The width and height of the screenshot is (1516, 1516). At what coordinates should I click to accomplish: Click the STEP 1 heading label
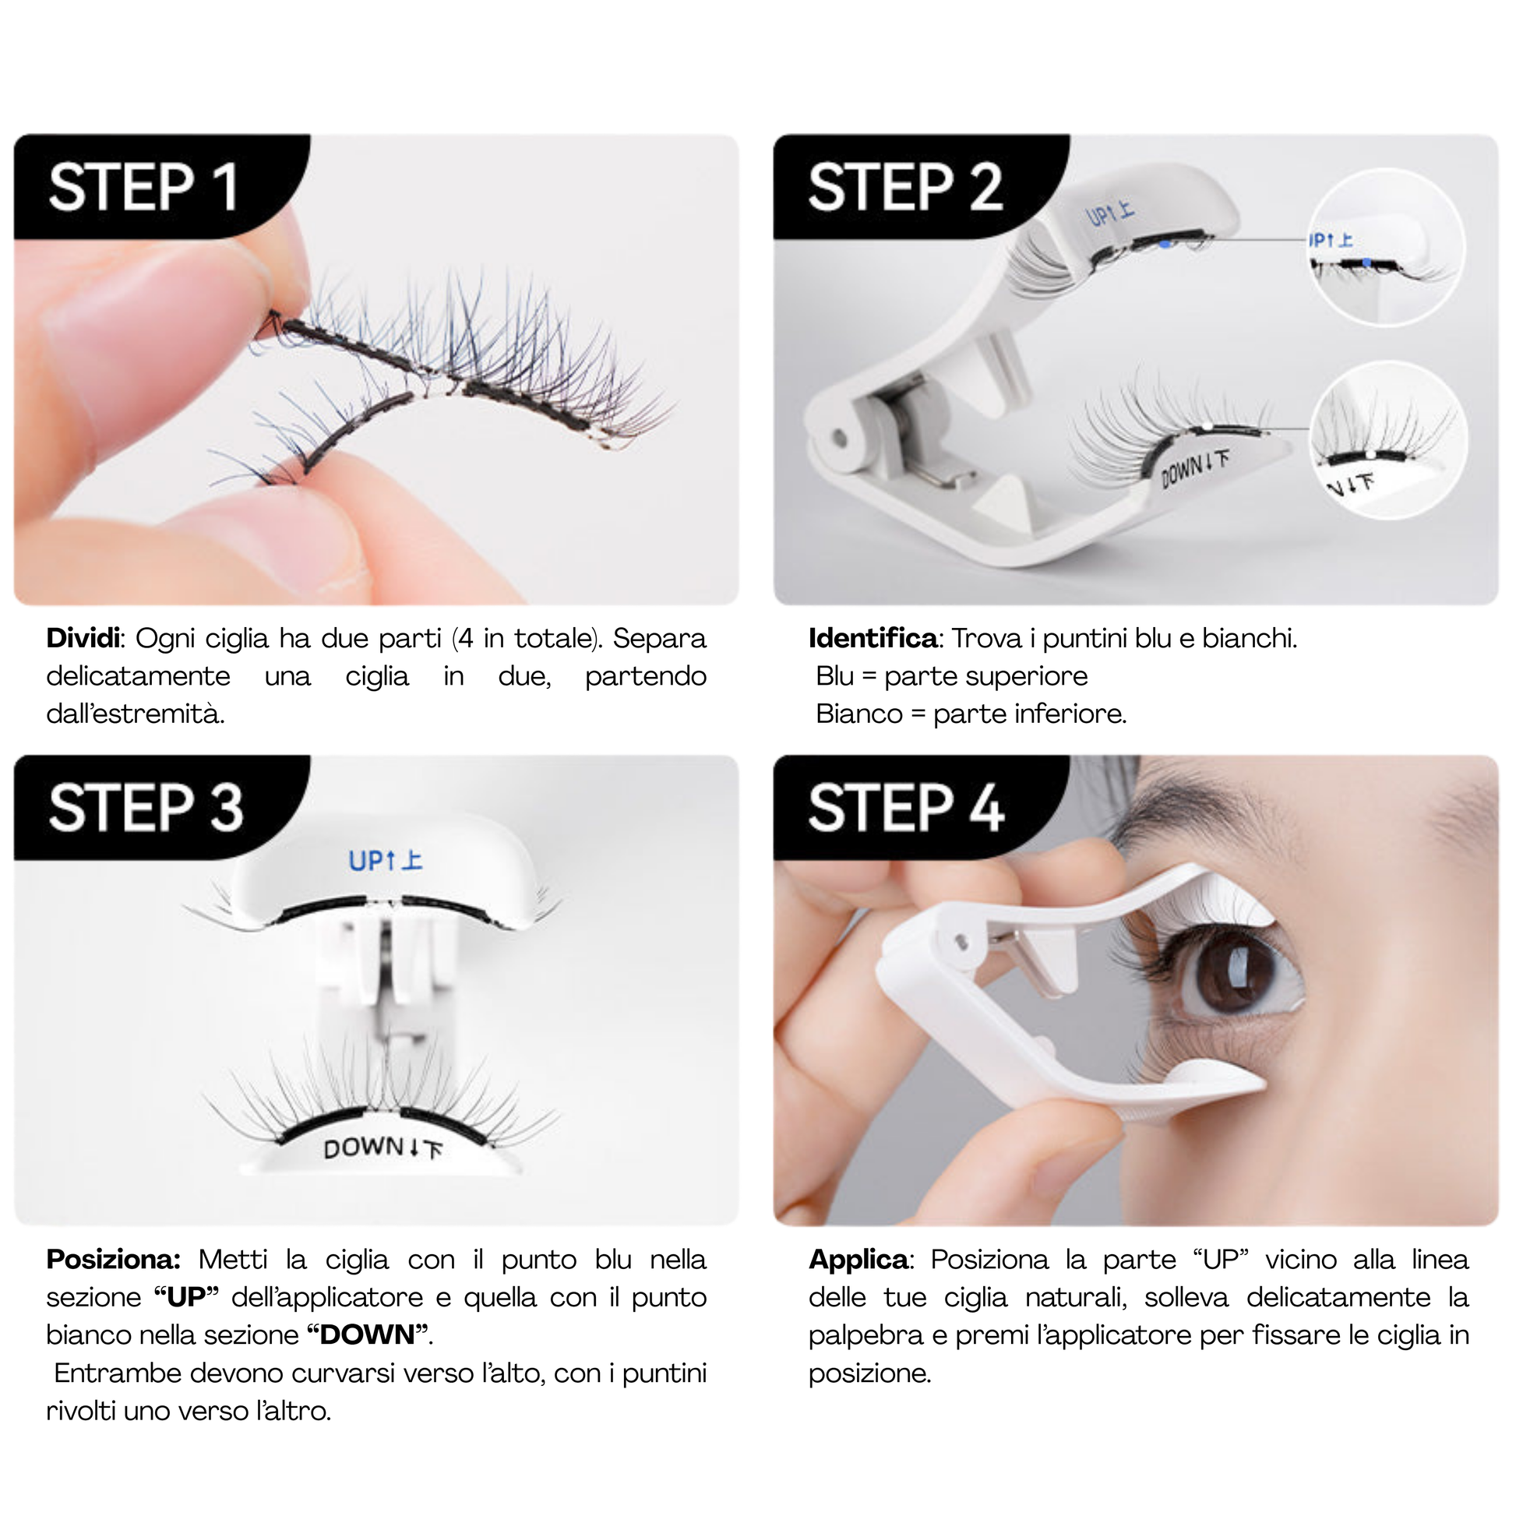pyautogui.click(x=143, y=188)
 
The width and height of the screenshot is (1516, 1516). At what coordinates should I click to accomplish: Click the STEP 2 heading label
pyautogui.click(x=905, y=188)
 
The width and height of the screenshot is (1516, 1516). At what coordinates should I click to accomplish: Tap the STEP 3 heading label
pyautogui.click(x=146, y=807)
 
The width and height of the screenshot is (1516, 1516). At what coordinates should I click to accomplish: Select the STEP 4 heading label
pyautogui.click(x=906, y=807)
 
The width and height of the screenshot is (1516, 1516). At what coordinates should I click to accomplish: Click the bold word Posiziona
pyautogui.click(x=114, y=1260)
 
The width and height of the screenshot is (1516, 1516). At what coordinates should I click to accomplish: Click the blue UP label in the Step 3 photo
pyautogui.click(x=386, y=860)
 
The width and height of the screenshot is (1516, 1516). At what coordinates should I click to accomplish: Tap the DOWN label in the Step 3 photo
pyautogui.click(x=383, y=1149)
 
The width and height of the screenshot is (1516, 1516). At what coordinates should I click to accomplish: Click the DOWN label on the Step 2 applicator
pyautogui.click(x=1194, y=469)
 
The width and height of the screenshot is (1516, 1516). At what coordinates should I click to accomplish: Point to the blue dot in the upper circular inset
pyautogui.click(x=1368, y=262)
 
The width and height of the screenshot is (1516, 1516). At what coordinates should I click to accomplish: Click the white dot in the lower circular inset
pyautogui.click(x=1370, y=455)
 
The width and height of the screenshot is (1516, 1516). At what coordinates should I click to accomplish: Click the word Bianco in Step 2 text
pyautogui.click(x=859, y=714)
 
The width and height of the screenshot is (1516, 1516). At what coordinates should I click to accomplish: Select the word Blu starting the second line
pyautogui.click(x=835, y=675)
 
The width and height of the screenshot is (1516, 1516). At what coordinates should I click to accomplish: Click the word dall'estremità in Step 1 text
pyautogui.click(x=136, y=714)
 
